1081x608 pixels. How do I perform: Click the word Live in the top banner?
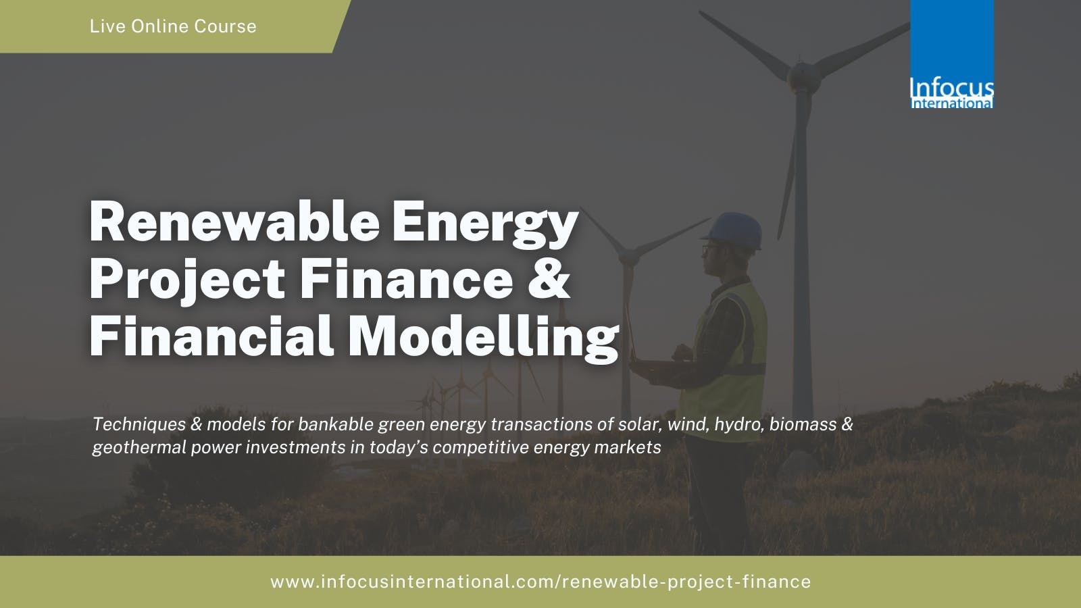tap(107, 26)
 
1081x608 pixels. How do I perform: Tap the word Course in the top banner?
tap(225, 26)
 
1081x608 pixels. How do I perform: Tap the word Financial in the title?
tap(211, 336)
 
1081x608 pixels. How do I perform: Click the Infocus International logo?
tap(952, 54)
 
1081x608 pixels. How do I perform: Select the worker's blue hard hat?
tap(734, 230)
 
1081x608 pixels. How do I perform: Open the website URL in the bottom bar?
tap(540, 582)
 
